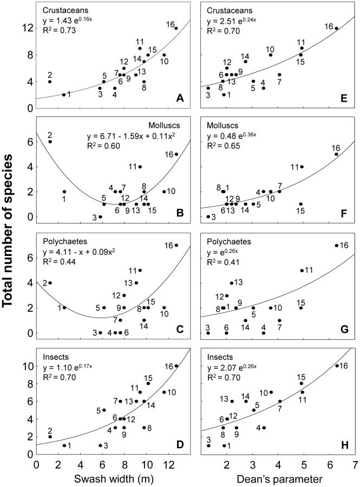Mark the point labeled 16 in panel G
336,245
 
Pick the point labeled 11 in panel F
302,167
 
